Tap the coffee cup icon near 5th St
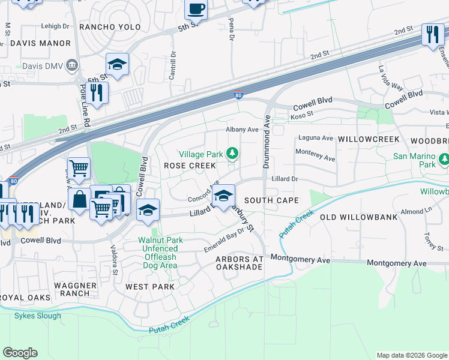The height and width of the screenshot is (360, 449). [196, 9]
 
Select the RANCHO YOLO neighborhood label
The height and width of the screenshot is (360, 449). [110, 28]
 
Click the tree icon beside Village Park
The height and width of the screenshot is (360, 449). [232, 155]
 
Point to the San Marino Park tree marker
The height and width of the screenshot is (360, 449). [444, 160]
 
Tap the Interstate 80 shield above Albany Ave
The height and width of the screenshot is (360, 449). [238, 95]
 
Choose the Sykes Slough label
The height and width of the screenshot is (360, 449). [38, 316]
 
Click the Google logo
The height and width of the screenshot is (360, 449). [20, 353]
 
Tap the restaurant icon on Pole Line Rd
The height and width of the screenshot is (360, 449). [96, 92]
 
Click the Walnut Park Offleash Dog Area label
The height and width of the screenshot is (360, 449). [158, 244]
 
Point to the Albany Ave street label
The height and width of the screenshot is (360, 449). [241, 129]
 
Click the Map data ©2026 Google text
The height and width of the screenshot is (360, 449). [411, 355]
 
